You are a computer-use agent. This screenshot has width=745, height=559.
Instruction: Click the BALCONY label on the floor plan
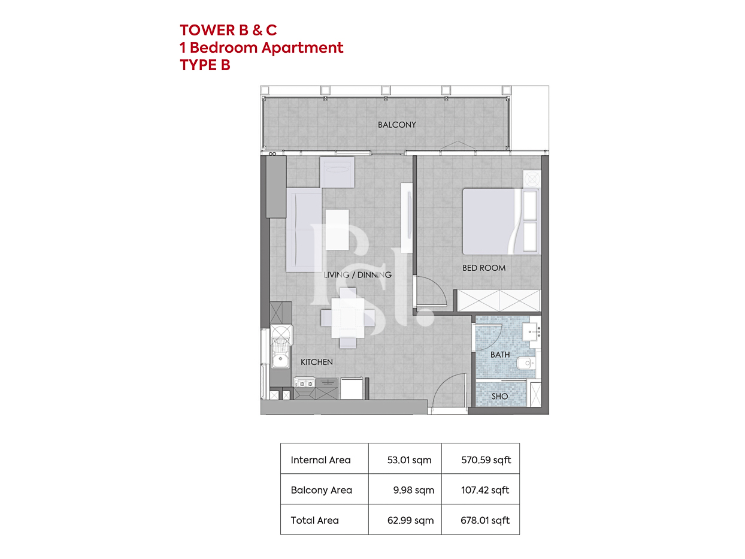click(x=396, y=125)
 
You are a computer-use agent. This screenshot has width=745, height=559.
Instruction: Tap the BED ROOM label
click(x=484, y=268)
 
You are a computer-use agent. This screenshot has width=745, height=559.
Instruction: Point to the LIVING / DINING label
click(x=358, y=274)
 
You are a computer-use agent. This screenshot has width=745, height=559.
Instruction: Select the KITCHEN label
click(x=316, y=362)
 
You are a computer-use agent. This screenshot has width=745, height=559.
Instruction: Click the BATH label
click(x=500, y=354)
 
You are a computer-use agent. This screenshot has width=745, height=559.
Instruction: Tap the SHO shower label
click(x=499, y=396)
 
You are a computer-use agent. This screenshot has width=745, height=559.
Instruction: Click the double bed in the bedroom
click(x=501, y=221)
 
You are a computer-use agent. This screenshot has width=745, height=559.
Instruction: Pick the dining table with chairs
click(x=348, y=318)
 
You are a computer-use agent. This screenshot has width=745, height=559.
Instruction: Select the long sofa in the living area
click(x=304, y=230)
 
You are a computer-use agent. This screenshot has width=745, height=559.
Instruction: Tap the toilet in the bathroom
click(x=526, y=363)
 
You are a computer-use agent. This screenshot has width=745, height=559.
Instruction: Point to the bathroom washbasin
click(x=530, y=331)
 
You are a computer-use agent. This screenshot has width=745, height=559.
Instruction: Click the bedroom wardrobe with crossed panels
click(x=499, y=300)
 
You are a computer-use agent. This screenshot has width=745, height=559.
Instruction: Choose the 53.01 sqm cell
click(x=409, y=460)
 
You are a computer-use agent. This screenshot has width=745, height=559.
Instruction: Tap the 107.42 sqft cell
click(x=484, y=489)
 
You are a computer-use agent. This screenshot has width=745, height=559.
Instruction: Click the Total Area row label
click(x=314, y=520)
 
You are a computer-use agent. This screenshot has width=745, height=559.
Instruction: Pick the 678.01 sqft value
click(x=484, y=520)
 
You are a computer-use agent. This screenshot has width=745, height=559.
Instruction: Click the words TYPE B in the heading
click(x=205, y=65)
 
